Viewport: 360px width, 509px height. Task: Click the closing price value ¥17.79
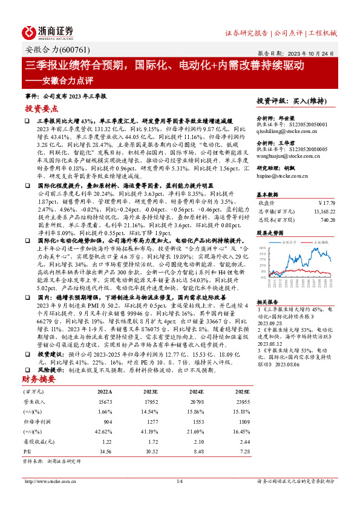(x=327, y=203)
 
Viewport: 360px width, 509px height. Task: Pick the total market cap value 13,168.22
(x=323, y=212)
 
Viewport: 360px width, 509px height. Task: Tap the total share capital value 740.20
(x=327, y=221)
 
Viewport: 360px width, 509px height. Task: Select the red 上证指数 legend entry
(x=321, y=241)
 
